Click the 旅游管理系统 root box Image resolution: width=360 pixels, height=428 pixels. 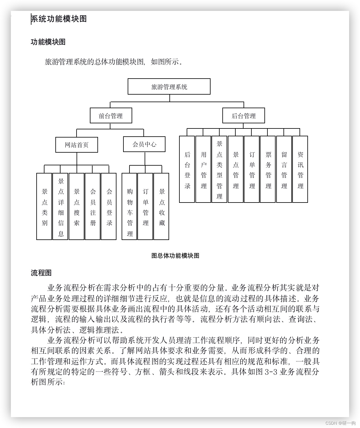click(169, 87)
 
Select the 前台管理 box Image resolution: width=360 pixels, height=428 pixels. click(111, 116)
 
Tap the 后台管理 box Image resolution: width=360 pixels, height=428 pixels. click(244, 116)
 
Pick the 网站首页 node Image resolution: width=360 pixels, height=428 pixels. click(77, 145)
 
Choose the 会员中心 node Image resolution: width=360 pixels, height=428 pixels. click(144, 144)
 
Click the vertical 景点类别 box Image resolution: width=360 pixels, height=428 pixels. click(44, 206)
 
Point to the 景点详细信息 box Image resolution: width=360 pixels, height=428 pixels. click(61, 206)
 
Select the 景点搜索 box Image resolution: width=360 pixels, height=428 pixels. click(77, 206)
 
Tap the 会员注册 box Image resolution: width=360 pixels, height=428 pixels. click(93, 206)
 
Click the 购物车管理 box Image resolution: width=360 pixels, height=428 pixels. click(130, 206)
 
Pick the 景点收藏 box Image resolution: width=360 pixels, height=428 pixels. click(162, 206)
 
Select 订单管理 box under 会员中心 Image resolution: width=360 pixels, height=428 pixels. click(146, 206)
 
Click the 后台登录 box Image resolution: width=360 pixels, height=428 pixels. click(187, 169)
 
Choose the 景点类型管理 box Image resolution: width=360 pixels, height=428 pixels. click(219, 169)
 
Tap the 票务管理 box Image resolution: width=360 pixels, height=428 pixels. click(268, 169)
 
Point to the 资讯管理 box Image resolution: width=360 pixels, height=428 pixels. click(300, 169)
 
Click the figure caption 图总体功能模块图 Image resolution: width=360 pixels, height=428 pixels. click(175, 256)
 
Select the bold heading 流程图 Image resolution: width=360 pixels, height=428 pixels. click(41, 273)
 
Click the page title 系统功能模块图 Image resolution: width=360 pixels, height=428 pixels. click(59, 19)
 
